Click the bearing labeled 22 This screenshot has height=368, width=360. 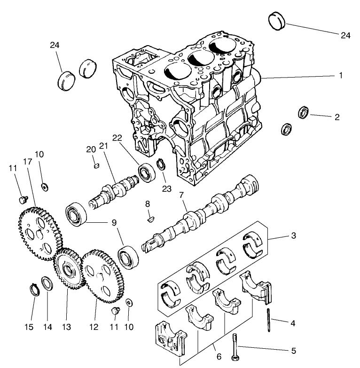(x=147, y=172)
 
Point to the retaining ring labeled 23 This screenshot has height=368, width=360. (x=161, y=165)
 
